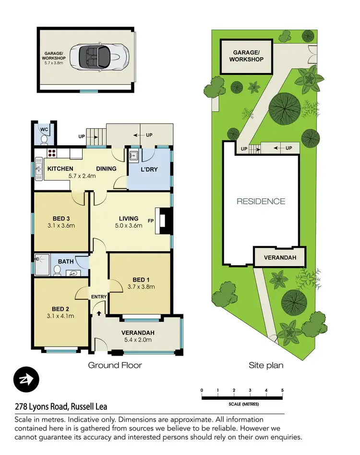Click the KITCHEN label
pos(60,169)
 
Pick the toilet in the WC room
pos(44,139)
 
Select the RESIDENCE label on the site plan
pos(261,201)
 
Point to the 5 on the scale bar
pos(282,390)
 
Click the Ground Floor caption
pos(115,365)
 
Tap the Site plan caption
pos(265,365)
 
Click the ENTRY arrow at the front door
pos(99,313)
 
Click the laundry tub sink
pos(134,156)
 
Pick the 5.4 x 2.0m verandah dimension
pos(137,340)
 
